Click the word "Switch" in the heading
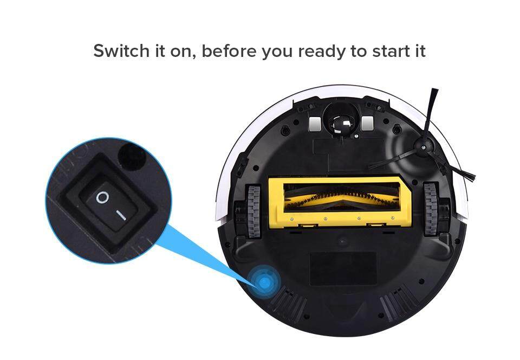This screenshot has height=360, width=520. pyautogui.click(x=121, y=51)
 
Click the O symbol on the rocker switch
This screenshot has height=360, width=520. pyautogui.click(x=102, y=197)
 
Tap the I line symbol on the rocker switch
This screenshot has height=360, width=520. pyautogui.click(x=121, y=215)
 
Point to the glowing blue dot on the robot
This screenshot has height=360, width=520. pyautogui.click(x=264, y=282)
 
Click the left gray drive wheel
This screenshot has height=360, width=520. pyautogui.click(x=253, y=211)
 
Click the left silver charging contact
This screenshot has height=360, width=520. pyautogui.click(x=315, y=124)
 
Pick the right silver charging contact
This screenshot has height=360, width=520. pyautogui.click(x=368, y=124)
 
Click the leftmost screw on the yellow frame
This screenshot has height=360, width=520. pyautogui.click(x=291, y=219)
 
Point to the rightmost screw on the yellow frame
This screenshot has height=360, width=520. pyautogui.click(x=393, y=218)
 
